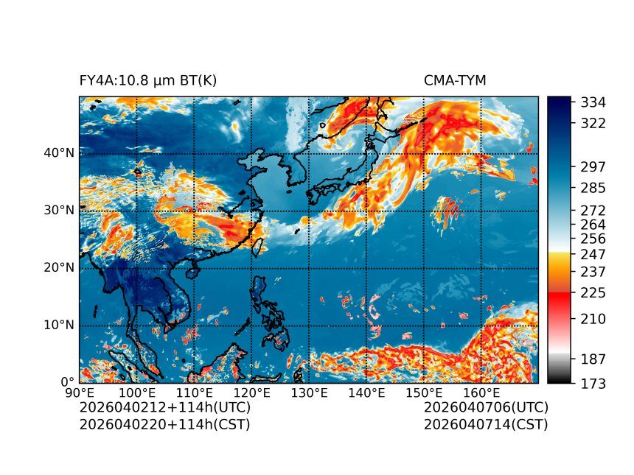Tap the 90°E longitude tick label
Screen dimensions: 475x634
pyautogui.click(x=80, y=393)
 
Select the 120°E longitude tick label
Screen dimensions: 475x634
pyautogui.click(x=251, y=393)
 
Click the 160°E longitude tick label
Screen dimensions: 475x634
pyautogui.click(x=481, y=393)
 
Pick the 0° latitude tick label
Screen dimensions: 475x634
pyautogui.click(x=68, y=382)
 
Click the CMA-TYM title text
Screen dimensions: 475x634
pyautogui.click(x=455, y=80)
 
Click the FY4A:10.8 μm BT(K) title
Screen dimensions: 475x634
pyautogui.click(x=148, y=80)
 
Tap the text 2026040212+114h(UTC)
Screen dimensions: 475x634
pyautogui.click(x=165, y=407)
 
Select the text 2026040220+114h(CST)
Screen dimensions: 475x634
pyautogui.click(x=165, y=423)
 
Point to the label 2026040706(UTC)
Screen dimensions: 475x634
pyautogui.click(x=486, y=407)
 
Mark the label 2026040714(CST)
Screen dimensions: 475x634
pyautogui.click(x=486, y=423)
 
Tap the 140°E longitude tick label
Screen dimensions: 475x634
pyautogui.click(x=366, y=393)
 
